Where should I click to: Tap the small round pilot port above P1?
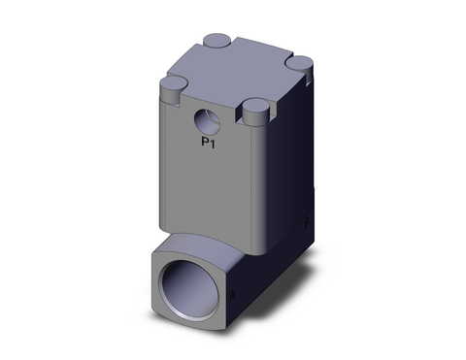tap(206, 122)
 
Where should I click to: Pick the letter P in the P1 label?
tap(203, 144)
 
